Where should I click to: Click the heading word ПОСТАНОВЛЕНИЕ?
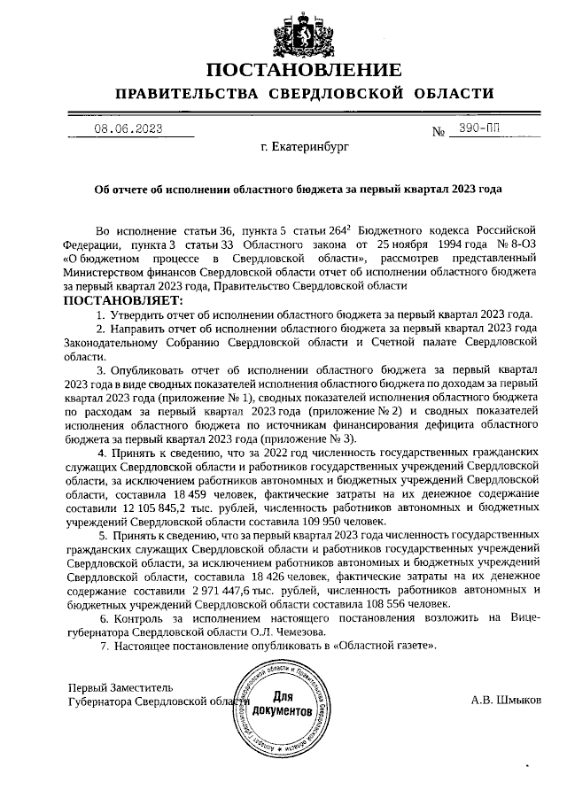point(304,70)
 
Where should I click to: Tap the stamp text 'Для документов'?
point(281,705)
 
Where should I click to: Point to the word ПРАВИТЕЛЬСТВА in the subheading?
point(187,94)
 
